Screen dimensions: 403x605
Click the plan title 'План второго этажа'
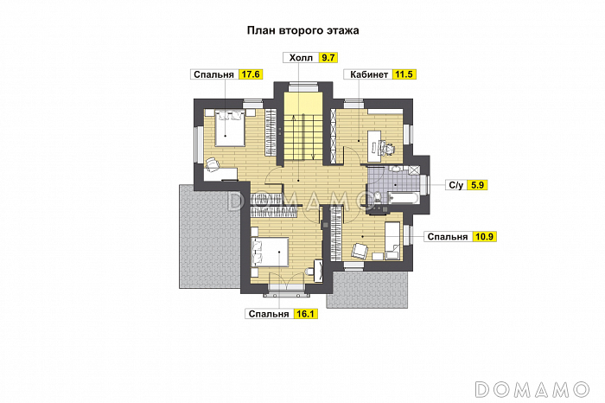click(x=302, y=29)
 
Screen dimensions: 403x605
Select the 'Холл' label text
click(x=300, y=58)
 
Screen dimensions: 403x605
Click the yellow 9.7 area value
click(x=328, y=58)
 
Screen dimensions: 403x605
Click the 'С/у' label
click(x=455, y=184)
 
